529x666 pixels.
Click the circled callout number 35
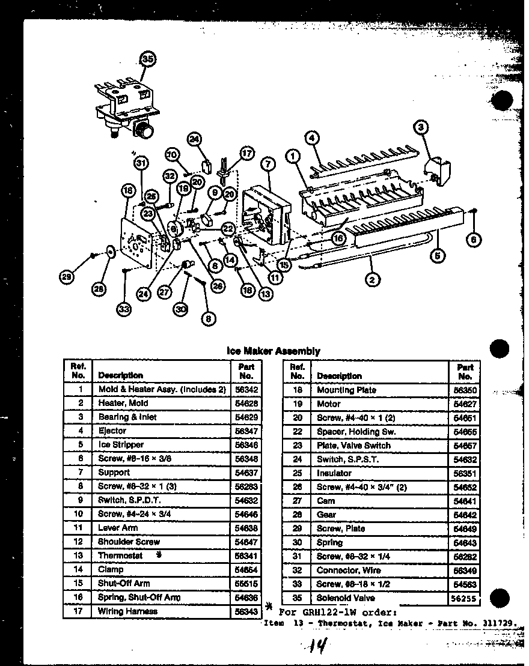tap(147, 59)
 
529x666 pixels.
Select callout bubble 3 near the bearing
tap(421, 127)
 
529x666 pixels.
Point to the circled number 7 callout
tap(268, 163)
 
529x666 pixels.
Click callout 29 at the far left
tap(67, 277)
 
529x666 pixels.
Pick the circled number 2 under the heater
tap(373, 279)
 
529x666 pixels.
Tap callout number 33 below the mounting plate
tap(124, 309)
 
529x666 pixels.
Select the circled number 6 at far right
tap(474, 240)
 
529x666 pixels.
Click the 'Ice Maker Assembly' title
tap(273, 351)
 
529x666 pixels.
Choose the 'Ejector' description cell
tap(112, 431)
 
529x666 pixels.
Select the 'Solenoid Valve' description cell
tap(345, 598)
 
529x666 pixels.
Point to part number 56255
tap(465, 599)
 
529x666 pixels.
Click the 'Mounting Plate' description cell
tap(346, 390)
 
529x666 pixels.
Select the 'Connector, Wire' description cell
tap(348, 570)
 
